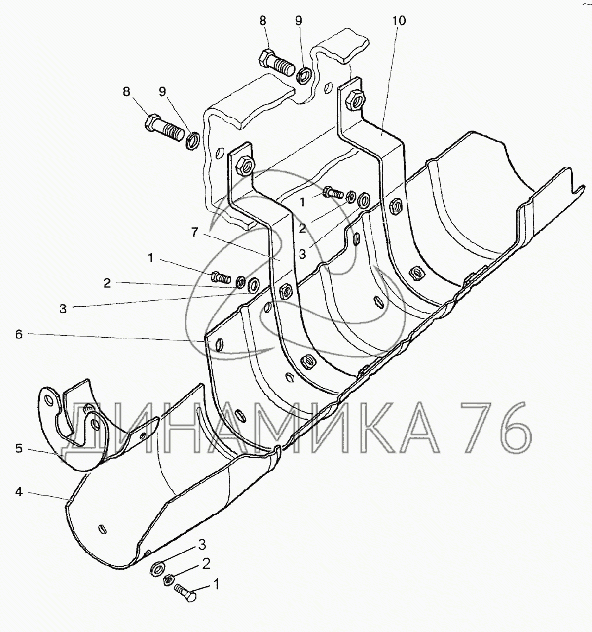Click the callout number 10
click(x=399, y=21)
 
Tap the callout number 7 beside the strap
click(x=194, y=232)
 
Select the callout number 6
click(x=18, y=334)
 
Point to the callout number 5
click(x=18, y=448)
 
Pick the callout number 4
click(x=18, y=492)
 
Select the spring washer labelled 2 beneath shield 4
click(x=168, y=579)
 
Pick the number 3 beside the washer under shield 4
click(x=201, y=545)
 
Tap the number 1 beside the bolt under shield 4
click(x=215, y=586)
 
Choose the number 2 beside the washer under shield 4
click(x=207, y=564)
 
